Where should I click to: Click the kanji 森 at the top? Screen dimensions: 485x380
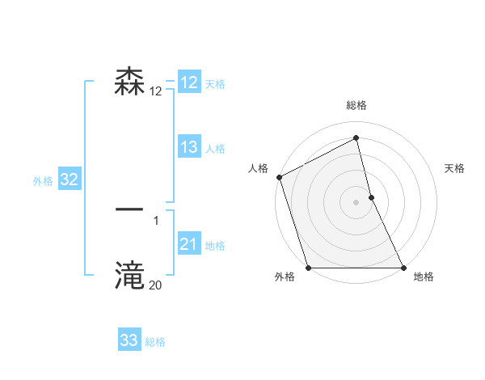[130, 82]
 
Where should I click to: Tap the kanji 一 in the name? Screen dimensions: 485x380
[130, 209]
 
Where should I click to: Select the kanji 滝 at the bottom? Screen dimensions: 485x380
[130, 275]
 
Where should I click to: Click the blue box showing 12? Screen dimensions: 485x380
[188, 82]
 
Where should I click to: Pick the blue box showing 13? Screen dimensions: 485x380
[188, 147]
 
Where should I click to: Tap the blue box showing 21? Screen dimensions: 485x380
[188, 244]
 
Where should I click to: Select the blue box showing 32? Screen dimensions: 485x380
[69, 180]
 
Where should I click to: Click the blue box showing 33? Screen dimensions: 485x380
[129, 340]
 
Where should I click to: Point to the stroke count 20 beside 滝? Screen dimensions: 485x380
[155, 285]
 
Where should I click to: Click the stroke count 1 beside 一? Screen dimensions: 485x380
[156, 220]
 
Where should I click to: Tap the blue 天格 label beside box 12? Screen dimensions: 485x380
[215, 84]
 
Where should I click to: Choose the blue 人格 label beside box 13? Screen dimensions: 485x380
[215, 149]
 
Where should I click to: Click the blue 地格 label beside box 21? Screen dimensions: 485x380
[215, 246]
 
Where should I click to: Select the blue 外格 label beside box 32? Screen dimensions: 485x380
[43, 181]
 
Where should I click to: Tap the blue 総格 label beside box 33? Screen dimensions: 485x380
[155, 342]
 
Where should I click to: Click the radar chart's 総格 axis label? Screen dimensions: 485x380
[356, 105]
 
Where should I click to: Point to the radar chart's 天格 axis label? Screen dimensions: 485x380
[455, 168]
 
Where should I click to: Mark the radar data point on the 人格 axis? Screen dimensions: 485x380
[279, 177]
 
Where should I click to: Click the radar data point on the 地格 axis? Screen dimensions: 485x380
[403, 268]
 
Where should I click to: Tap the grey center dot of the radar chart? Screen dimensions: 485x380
[356, 202]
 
